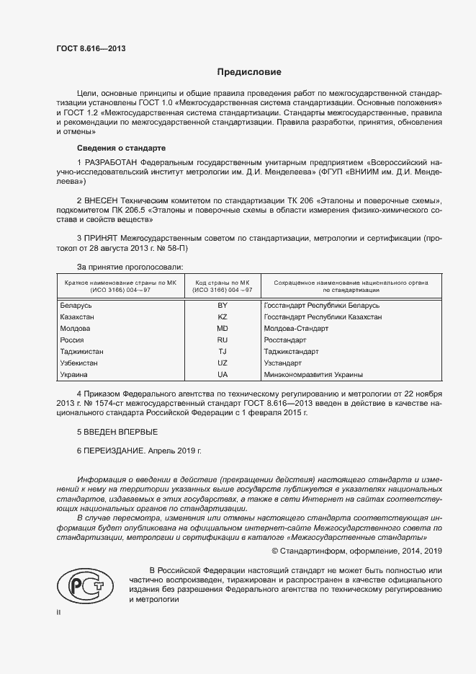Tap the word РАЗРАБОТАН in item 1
[112, 163]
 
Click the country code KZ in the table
[223, 317]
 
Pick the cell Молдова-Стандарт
[296, 329]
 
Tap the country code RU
[223, 340]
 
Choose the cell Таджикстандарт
[292, 352]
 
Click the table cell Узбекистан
[78, 363]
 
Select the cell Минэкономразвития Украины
[313, 375]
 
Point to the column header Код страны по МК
[223, 283]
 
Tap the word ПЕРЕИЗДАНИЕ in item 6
[114, 450]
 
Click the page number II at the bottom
[59, 611]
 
